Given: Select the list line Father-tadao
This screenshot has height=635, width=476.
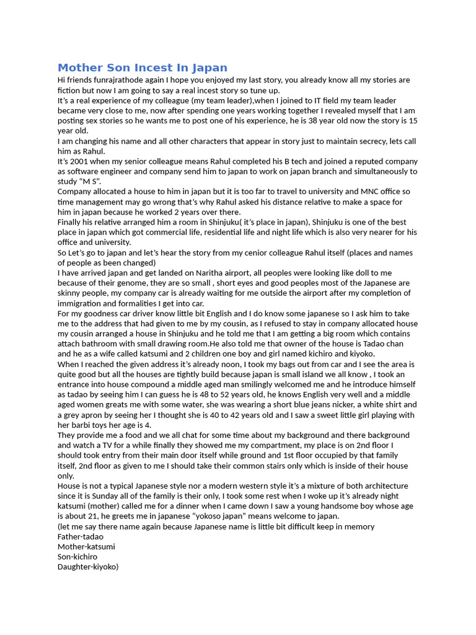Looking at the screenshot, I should point(81,536).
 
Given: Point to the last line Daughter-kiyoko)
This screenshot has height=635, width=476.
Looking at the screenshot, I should point(88,567).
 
